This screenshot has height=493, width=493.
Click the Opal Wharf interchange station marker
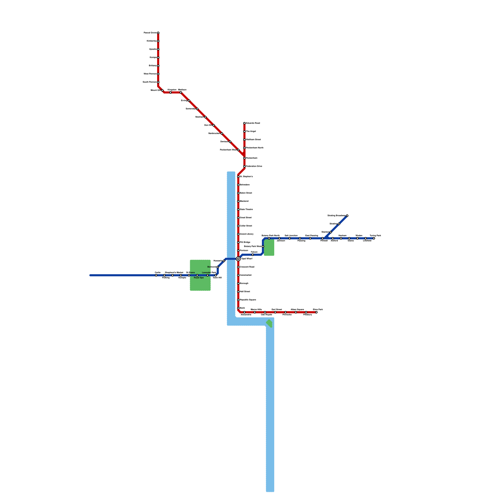click(x=238, y=259)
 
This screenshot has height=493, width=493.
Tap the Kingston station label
click(x=172, y=90)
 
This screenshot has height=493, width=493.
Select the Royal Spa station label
click(x=199, y=278)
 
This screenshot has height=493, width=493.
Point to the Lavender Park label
click(x=209, y=273)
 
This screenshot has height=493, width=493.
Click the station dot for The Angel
click(x=244, y=132)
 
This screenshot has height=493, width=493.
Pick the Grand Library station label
click(x=246, y=234)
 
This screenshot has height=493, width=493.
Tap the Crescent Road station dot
click(x=238, y=267)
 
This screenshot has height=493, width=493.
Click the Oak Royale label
click(x=267, y=315)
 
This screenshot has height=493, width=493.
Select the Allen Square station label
click(x=297, y=309)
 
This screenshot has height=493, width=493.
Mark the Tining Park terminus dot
click(x=374, y=238)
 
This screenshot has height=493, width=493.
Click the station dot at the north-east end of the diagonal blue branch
click(x=347, y=216)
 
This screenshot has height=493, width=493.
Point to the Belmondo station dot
click(x=218, y=267)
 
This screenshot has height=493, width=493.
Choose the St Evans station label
click(x=190, y=273)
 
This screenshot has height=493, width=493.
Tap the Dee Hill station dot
click(x=214, y=125)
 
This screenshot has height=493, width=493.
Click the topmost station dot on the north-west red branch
click(x=158, y=33)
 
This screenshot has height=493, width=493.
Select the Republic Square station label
click(x=248, y=300)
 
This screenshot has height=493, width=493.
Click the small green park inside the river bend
click(x=269, y=324)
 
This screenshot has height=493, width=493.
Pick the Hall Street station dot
click(x=238, y=292)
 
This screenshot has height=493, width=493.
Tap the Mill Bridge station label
click(x=245, y=242)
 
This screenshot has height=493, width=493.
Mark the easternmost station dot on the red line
click(x=316, y=312)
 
